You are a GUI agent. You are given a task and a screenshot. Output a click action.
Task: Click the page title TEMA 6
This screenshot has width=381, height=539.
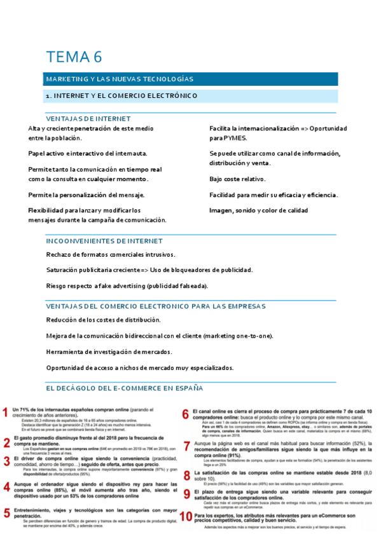pyautogui.click(x=74, y=57)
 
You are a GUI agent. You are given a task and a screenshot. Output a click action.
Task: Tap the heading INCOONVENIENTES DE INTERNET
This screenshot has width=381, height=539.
pyautogui.click(x=104, y=241)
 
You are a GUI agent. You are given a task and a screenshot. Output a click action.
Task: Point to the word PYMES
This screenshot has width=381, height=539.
pyautogui.click(x=235, y=138)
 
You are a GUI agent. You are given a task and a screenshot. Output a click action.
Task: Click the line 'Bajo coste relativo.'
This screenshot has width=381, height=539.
pyautogui.click(x=239, y=179)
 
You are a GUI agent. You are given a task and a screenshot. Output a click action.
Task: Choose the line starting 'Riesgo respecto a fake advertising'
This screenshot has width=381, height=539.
pyautogui.click(x=127, y=286)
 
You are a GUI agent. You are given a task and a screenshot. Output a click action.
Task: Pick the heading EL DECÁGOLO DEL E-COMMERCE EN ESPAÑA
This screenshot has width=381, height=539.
pyautogui.click(x=125, y=388)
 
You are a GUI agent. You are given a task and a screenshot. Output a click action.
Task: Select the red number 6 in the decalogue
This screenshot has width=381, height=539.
pyautogui.click(x=186, y=414)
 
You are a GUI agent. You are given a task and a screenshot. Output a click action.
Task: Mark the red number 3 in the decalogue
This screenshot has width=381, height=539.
pyautogui.click(x=6, y=461)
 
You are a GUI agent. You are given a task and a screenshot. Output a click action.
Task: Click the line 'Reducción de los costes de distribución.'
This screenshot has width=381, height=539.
pyautogui.click(x=104, y=320)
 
